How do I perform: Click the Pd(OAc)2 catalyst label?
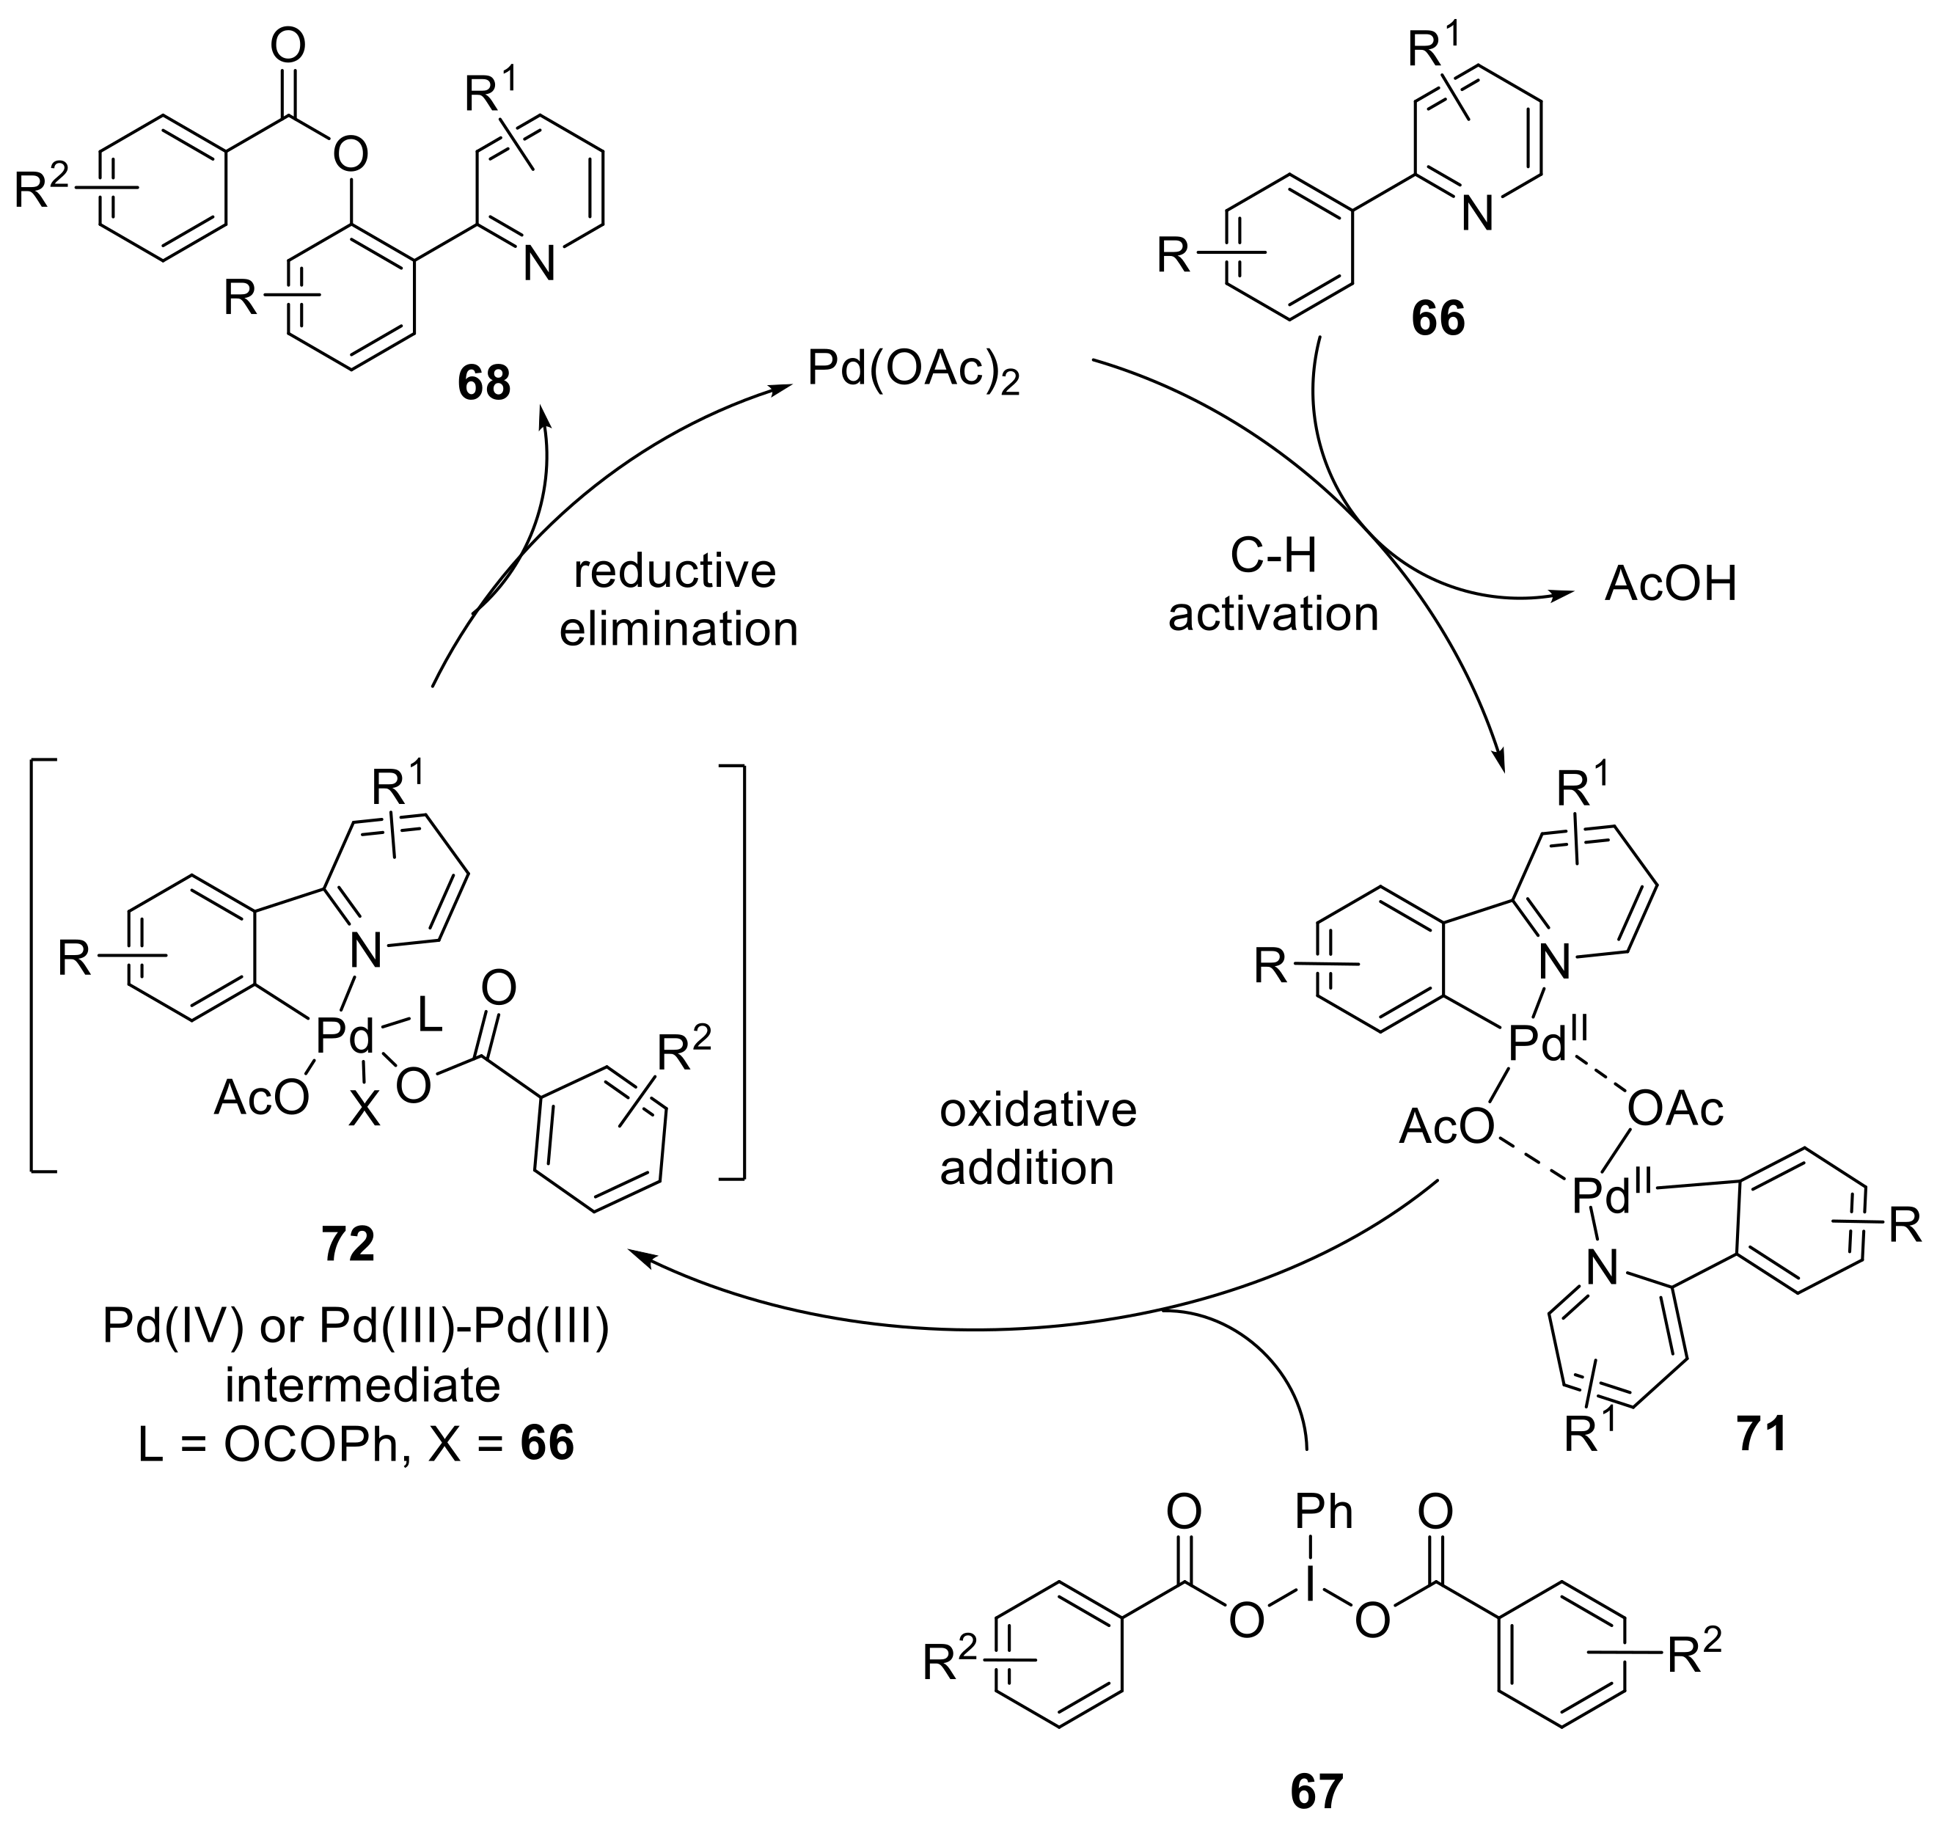point(912,371)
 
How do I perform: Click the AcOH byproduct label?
point(1670,584)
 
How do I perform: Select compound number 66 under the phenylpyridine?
point(1438,320)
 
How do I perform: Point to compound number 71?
point(1762,1433)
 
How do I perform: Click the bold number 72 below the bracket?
point(348,1245)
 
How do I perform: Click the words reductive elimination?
point(678,600)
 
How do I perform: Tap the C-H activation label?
point(1273,585)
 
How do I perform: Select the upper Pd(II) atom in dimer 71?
point(1539,1045)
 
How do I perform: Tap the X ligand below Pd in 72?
point(365,1111)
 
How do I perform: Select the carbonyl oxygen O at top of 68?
point(288,46)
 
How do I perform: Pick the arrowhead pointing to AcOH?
point(1557,594)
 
